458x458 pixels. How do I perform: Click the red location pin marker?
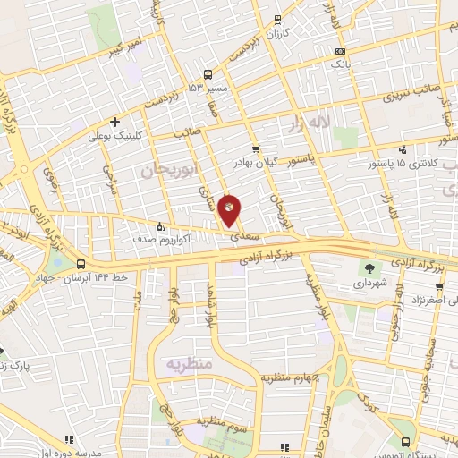coord(230,209)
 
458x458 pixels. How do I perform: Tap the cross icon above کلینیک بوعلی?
coord(114,122)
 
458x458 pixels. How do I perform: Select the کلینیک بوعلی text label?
coord(112,137)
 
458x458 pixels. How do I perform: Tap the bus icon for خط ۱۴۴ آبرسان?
coord(81,264)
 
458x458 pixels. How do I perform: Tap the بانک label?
coord(340,65)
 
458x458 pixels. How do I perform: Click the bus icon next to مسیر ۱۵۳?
coord(208,75)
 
